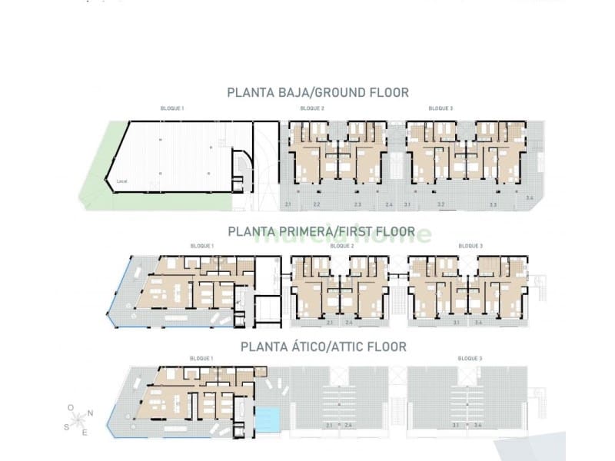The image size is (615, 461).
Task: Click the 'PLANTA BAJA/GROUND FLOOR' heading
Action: point(317,93)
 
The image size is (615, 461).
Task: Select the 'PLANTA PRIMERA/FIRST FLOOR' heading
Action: point(321,231)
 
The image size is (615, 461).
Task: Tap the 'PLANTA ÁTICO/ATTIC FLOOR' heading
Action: point(324,347)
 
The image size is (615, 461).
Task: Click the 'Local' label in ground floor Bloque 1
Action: point(121,181)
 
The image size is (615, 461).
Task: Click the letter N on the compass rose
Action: point(90,413)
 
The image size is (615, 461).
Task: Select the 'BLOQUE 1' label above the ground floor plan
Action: point(171,108)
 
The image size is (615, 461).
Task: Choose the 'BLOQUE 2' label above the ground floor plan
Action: point(311,108)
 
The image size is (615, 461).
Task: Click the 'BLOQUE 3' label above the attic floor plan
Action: point(470,358)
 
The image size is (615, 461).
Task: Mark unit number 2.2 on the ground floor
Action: point(317,205)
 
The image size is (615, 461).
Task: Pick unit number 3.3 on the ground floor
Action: point(492,205)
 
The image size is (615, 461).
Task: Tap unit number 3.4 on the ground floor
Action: point(530,199)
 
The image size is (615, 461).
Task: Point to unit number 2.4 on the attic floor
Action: point(347,426)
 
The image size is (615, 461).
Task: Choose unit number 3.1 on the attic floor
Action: point(457,426)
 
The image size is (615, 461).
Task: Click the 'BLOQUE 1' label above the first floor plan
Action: point(201,246)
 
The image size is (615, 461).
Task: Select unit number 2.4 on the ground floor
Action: point(389,205)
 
